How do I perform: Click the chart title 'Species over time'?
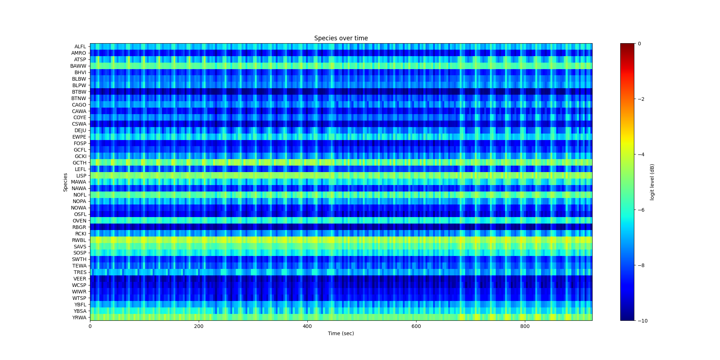point(341,38)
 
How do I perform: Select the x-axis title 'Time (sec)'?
point(341,333)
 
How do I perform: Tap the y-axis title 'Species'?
point(66,182)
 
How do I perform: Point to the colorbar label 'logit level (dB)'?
point(652,182)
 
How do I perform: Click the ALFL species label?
point(80,46)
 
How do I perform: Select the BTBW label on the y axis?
point(79,92)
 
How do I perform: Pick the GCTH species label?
point(79,163)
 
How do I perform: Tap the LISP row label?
point(81,176)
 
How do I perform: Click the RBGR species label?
point(79,227)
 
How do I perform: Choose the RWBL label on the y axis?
point(79,240)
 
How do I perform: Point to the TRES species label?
point(80,272)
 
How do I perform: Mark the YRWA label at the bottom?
point(79,318)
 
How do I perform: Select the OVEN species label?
point(79,221)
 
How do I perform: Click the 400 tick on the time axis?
point(307,327)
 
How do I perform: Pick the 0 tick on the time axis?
point(90,327)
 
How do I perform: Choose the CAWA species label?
point(79,111)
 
